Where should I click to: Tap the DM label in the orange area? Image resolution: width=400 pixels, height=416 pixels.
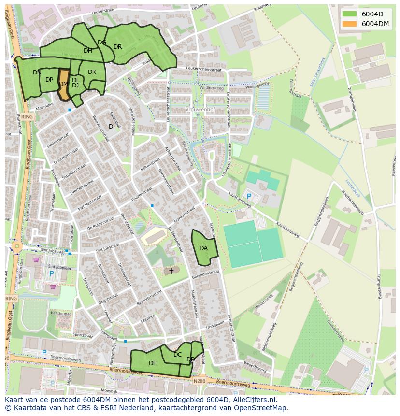tap(63, 84)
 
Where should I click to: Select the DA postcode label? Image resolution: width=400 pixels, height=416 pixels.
tap(204, 248)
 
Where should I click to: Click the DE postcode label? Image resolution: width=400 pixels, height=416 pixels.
tap(153, 363)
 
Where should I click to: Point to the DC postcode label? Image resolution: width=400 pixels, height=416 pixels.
tap(178, 355)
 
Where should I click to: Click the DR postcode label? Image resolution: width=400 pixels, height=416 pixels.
tap(117, 47)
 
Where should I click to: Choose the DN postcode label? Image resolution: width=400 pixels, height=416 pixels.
tap(37, 72)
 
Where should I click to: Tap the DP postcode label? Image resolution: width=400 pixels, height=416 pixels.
tap(49, 80)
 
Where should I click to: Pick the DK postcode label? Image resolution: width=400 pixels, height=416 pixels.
tap(92, 72)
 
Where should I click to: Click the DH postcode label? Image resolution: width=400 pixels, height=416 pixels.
tap(87, 51)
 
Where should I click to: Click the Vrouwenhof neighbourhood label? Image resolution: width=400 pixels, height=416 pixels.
tap(200, 110)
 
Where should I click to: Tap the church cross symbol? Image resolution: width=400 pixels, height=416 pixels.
tap(171, 271)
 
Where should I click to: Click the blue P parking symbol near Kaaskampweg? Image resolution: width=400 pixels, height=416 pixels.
tap(249, 196)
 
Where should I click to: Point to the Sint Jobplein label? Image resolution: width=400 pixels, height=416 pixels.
tap(59, 266)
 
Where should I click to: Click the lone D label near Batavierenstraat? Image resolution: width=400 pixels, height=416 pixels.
tap(111, 127)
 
